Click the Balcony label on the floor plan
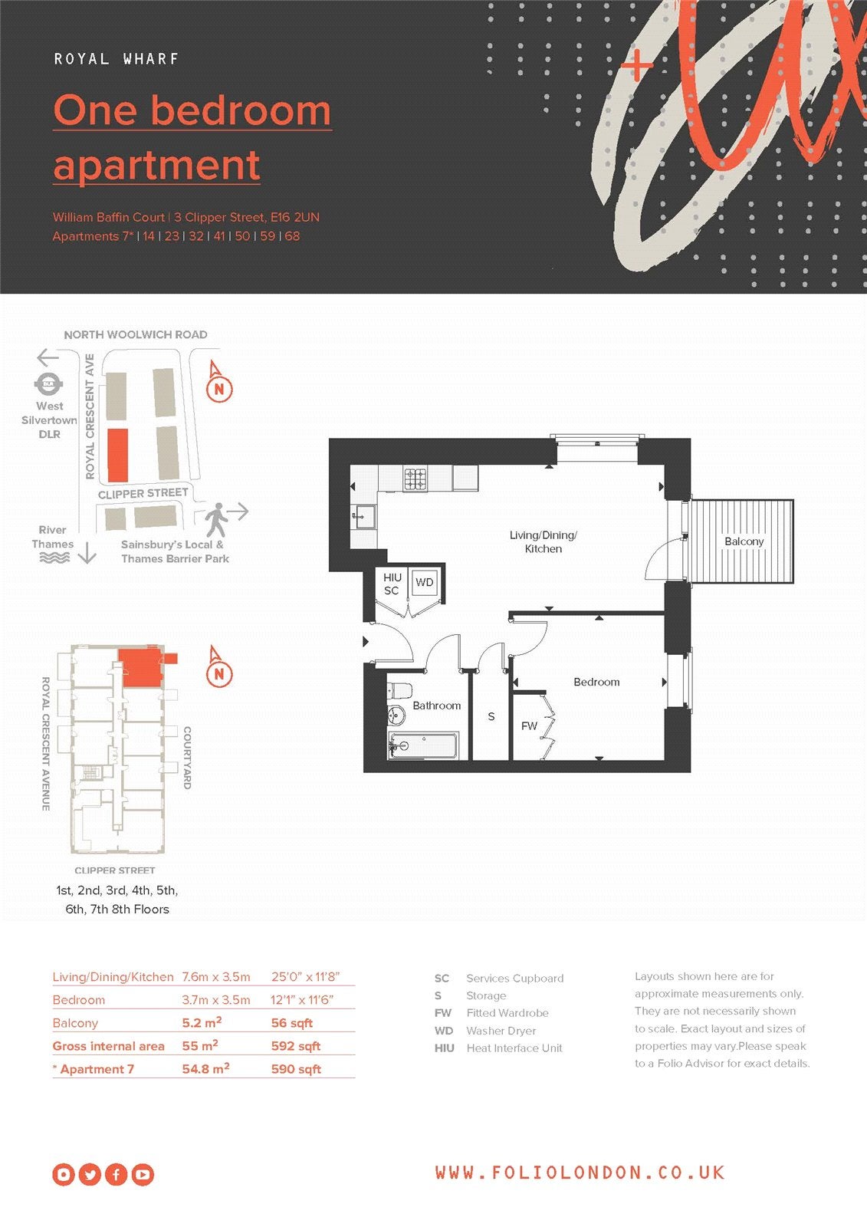click(744, 541)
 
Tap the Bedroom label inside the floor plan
click(596, 682)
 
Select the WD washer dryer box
click(424, 582)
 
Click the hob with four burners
click(415, 479)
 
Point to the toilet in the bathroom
click(399, 692)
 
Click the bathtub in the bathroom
click(423, 745)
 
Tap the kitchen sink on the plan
click(363, 517)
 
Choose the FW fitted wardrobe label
click(529, 726)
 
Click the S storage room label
click(491, 716)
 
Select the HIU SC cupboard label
click(392, 584)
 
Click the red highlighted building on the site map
click(118, 456)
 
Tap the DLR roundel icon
click(49, 384)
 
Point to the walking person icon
click(216, 520)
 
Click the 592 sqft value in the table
click(296, 1046)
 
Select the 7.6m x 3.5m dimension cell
click(215, 977)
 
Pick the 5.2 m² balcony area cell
click(202, 1023)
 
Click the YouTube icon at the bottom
click(143, 1174)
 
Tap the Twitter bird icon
click(90, 1174)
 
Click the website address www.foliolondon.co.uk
click(580, 1173)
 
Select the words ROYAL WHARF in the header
click(116, 58)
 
